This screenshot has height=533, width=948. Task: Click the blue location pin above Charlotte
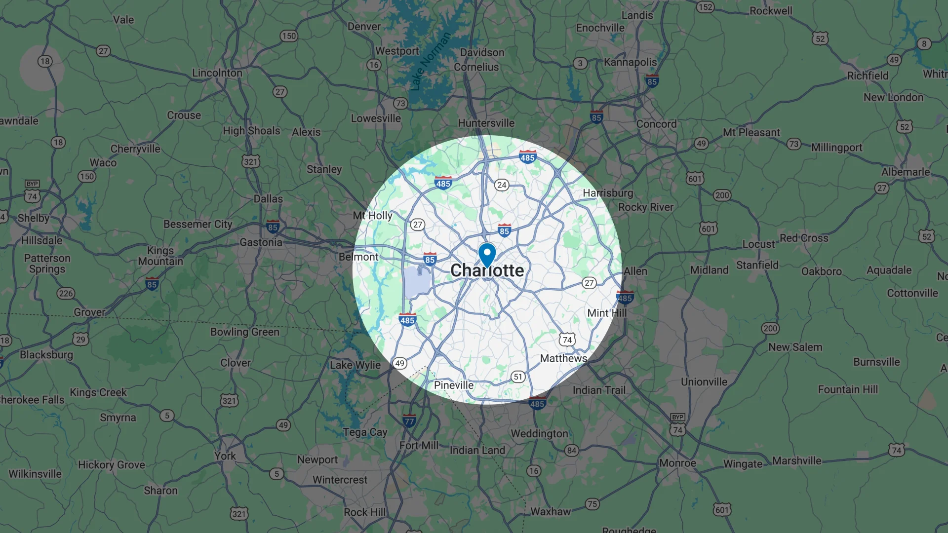(x=487, y=254)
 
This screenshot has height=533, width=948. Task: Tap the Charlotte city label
(x=487, y=270)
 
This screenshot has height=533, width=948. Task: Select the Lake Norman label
(x=431, y=61)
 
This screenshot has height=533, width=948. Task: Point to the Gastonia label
(x=261, y=242)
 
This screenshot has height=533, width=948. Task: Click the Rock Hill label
(x=364, y=512)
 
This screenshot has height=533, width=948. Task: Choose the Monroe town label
(x=677, y=463)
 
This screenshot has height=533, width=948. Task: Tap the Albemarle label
(x=905, y=172)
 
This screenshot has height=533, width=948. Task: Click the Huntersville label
(x=486, y=123)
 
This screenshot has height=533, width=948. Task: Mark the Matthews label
(x=563, y=358)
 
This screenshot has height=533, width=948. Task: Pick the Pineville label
(x=453, y=385)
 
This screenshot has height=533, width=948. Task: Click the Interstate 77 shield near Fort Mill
(x=409, y=421)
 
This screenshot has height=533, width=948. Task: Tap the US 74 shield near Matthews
(x=567, y=340)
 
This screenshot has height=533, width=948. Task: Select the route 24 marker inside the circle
(x=502, y=185)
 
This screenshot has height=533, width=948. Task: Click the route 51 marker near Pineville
(x=517, y=377)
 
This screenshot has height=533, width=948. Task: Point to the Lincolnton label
(x=217, y=73)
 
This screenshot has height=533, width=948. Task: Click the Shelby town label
(x=33, y=218)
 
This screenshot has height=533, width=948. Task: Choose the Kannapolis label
(x=630, y=62)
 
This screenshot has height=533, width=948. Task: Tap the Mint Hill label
(x=606, y=313)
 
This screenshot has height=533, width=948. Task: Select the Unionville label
(x=704, y=381)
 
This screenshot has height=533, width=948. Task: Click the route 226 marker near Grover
(x=66, y=293)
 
